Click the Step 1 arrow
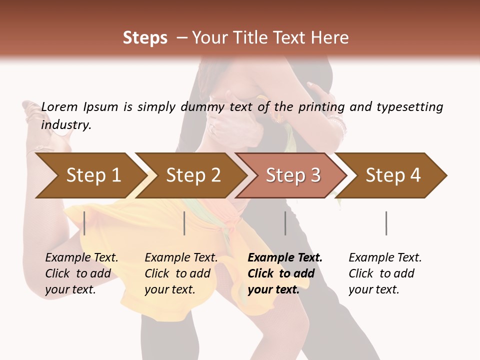93,175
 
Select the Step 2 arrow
193,175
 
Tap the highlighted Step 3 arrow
293,175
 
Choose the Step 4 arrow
393,175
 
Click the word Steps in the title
145,38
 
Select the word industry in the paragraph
66,125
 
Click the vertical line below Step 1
84,223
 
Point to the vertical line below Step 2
184,223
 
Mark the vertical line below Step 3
285,223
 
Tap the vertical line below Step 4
386,223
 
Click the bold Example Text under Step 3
285,258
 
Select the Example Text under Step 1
81,258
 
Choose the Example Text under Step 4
385,258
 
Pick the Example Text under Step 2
181,258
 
